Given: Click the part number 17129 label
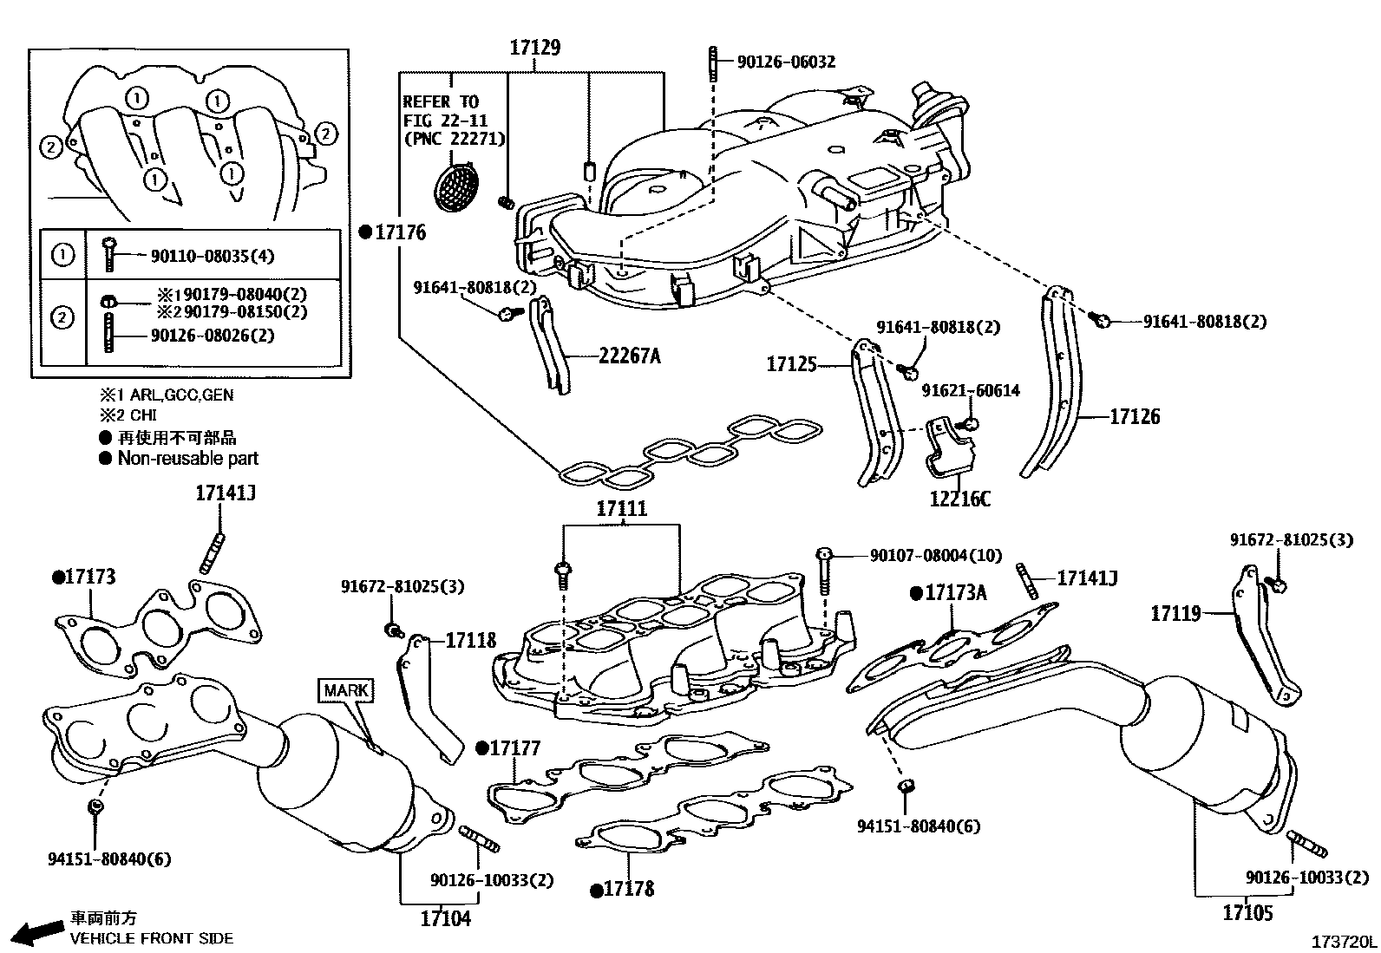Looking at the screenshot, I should (x=534, y=48).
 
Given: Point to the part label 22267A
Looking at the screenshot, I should (x=629, y=356).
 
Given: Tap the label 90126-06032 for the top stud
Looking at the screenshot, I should (x=786, y=62).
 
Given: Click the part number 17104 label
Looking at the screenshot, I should (x=445, y=918).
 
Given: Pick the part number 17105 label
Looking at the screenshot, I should (x=1247, y=913).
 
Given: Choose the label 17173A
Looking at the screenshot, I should (x=955, y=593).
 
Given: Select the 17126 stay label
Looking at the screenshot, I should (x=1135, y=417).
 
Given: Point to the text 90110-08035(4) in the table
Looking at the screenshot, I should (x=213, y=257).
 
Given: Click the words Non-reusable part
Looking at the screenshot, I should (x=187, y=458).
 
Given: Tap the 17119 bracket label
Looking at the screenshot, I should (x=1175, y=614).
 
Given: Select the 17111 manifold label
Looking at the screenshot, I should (x=621, y=509).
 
